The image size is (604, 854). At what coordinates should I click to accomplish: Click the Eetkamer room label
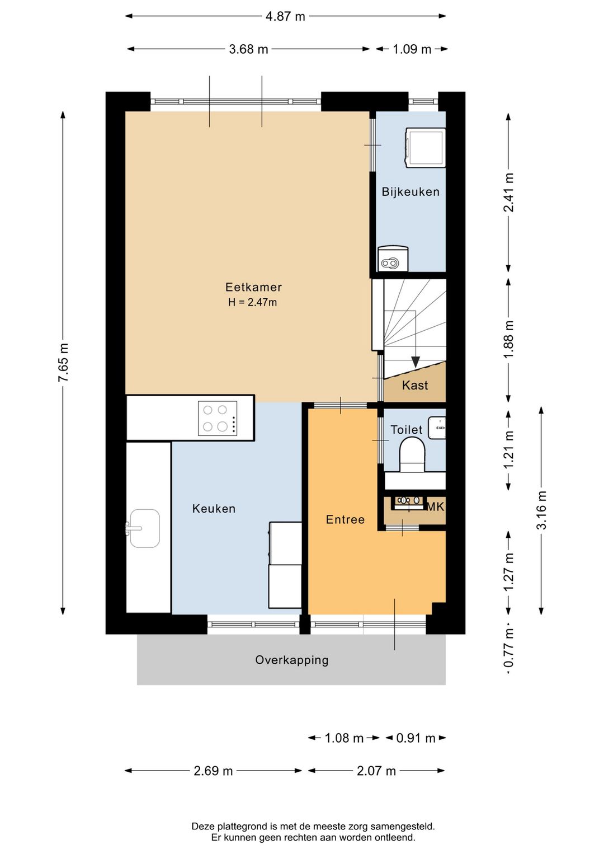point(253,287)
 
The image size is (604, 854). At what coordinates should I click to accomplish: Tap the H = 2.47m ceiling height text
point(252,302)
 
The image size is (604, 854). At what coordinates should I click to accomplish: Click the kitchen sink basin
point(144,528)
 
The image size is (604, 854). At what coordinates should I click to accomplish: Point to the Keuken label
point(214,509)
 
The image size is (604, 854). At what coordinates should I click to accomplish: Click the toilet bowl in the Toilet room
point(412,454)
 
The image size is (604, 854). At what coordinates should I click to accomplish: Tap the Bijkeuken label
point(410,192)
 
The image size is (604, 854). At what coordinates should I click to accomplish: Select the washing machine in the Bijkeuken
point(426,148)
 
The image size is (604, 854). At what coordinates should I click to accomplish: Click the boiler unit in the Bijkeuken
point(393,259)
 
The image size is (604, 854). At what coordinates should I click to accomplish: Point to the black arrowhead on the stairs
point(416,362)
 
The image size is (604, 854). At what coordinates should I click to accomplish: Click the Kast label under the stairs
point(415,385)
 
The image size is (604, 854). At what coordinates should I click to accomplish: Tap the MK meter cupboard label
point(435,506)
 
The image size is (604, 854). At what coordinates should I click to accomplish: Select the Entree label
point(345,520)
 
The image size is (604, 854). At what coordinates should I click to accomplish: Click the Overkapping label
point(292,660)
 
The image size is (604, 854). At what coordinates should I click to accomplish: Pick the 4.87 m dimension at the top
point(285,16)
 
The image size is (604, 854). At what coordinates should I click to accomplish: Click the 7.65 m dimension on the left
point(63,363)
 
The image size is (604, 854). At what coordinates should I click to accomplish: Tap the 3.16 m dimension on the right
point(541,510)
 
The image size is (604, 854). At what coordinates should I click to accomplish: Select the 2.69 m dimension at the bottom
point(213,771)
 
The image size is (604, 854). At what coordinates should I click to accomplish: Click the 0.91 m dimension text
point(416,738)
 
